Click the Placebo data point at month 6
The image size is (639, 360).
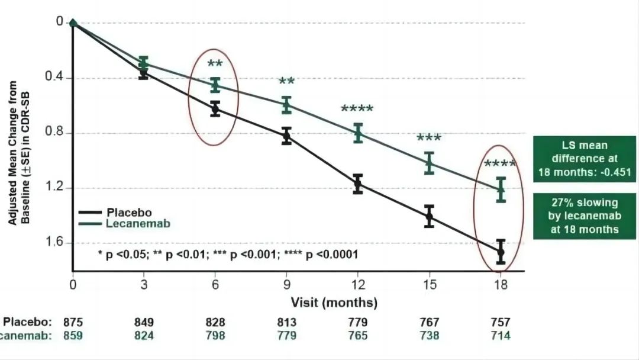click(x=215, y=108)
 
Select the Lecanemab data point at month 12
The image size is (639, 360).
click(x=358, y=133)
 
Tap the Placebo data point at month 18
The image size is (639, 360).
click(x=501, y=252)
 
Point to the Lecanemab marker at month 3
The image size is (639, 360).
click(x=144, y=62)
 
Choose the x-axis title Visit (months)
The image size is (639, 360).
click(x=334, y=303)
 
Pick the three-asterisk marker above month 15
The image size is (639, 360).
click(x=429, y=139)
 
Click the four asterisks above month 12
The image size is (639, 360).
click(x=357, y=110)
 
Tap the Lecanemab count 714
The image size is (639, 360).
click(x=500, y=336)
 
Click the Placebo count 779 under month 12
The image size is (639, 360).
click(x=358, y=323)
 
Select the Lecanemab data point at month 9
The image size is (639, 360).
click(x=286, y=105)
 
